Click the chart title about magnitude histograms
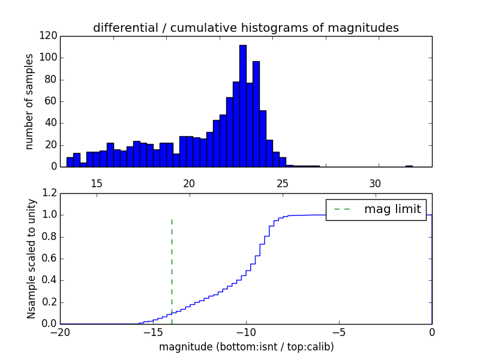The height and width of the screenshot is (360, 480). [245, 28]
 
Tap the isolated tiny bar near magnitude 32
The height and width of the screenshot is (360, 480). [409, 166]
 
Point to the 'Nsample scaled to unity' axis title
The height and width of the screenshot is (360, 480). [31, 258]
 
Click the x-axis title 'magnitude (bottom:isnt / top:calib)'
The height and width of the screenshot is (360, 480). [246, 347]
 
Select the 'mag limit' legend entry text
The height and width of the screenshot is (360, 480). [392, 209]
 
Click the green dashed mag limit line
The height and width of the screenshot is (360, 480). [172, 264]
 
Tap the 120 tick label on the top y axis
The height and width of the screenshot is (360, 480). [49, 36]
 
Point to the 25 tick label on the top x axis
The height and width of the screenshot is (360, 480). [282, 183]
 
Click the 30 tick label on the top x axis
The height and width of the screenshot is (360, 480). [375, 183]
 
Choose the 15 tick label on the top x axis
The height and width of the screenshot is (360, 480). [97, 183]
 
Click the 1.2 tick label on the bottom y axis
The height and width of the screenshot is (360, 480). [49, 193]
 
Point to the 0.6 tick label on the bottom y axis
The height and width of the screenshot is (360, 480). [49, 259]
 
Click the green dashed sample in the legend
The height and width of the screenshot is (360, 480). [341, 209]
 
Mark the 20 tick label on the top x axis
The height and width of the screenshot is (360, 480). [189, 183]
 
